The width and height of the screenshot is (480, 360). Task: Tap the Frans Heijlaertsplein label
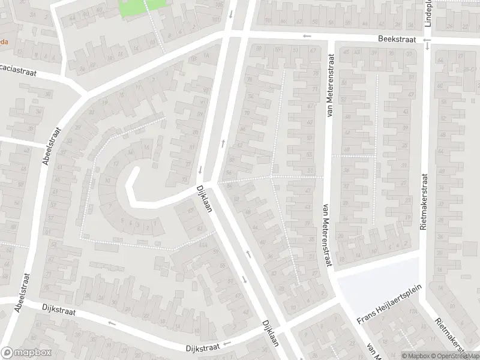[x=389, y=304]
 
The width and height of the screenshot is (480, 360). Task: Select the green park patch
[x=143, y=7]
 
